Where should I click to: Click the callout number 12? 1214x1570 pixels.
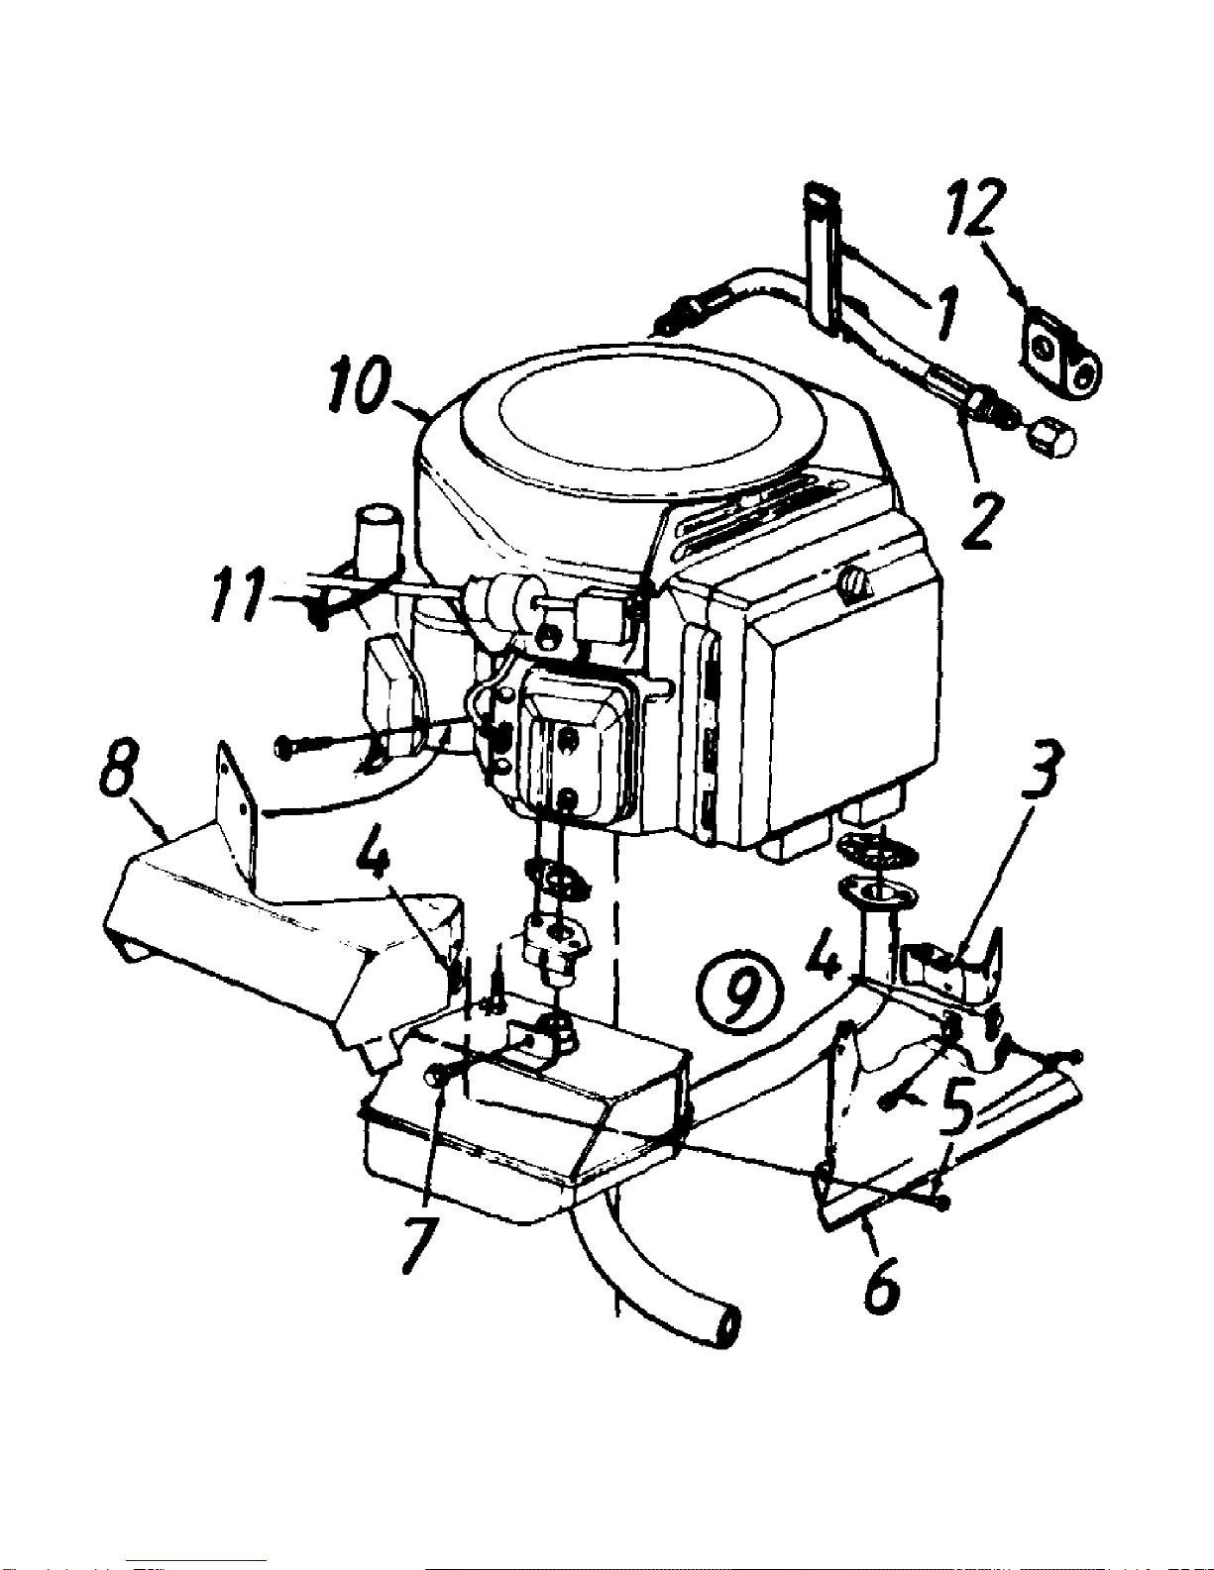[977, 207]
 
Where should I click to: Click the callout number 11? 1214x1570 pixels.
[239, 594]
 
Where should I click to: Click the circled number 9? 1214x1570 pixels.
[739, 994]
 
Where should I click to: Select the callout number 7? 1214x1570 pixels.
[419, 1244]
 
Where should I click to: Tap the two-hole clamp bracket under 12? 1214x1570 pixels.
[1062, 355]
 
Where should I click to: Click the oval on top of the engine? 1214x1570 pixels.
[639, 421]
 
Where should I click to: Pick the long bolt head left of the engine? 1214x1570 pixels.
[284, 747]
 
